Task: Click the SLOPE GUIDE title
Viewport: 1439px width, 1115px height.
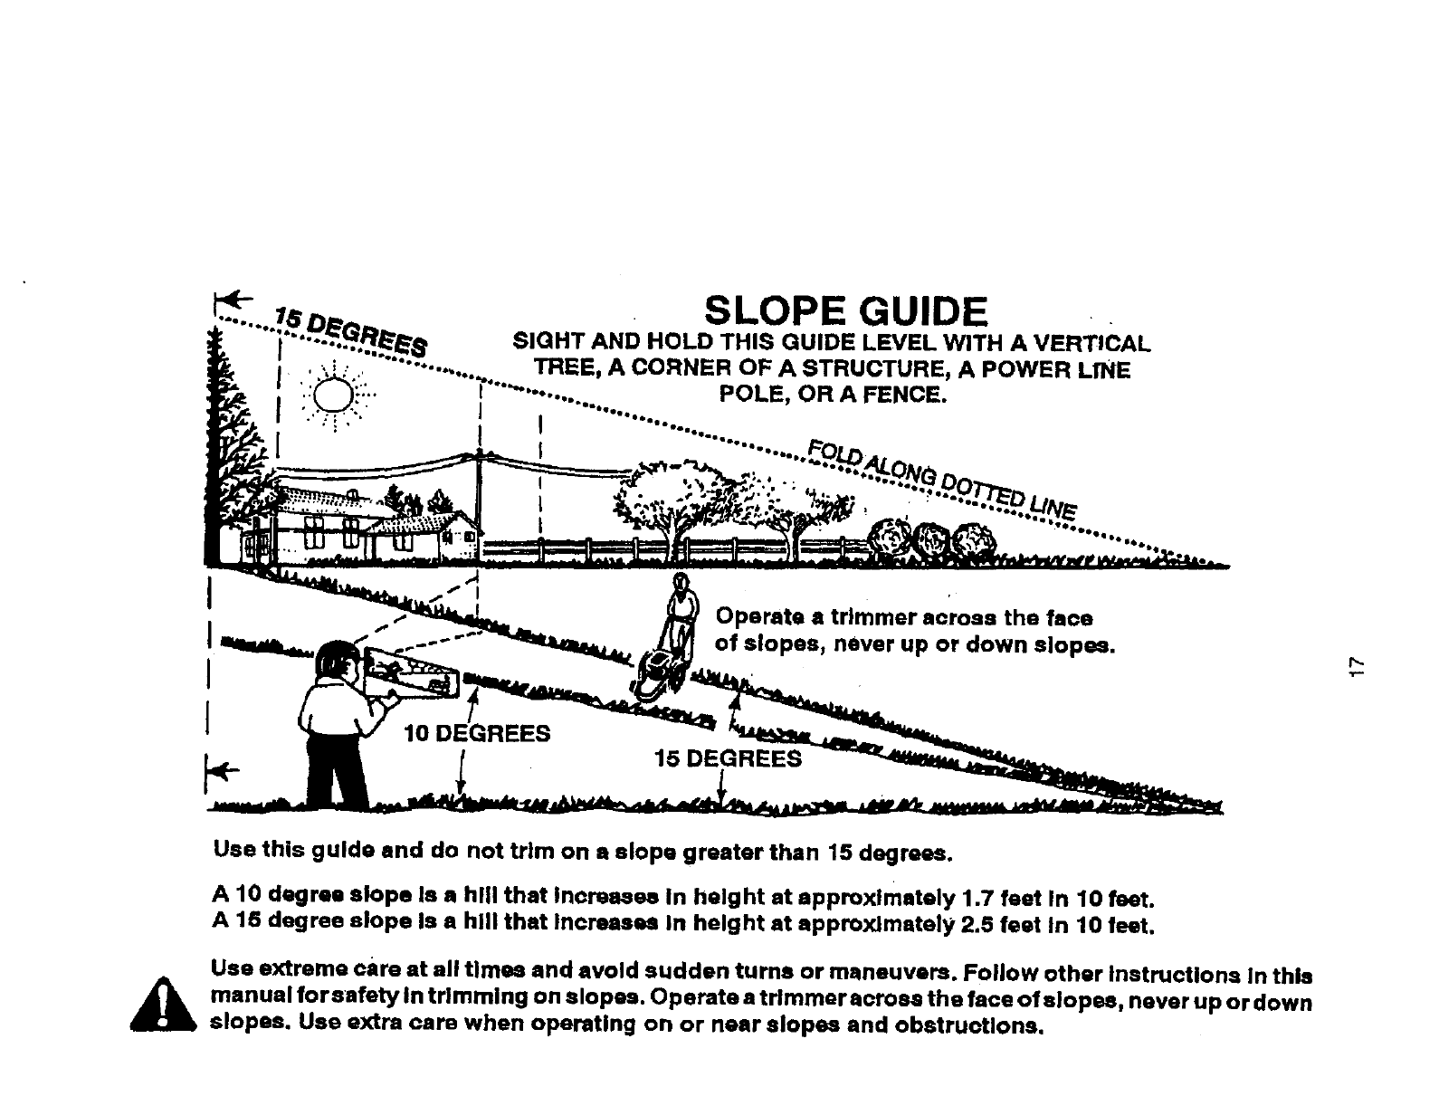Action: (845, 312)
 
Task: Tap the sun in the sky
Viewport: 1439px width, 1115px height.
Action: (332, 395)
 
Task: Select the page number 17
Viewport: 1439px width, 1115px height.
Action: (1355, 667)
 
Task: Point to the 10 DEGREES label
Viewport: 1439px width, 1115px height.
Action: (477, 733)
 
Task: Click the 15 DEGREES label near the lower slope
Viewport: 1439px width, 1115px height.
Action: (728, 758)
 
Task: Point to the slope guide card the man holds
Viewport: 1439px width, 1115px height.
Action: (411, 675)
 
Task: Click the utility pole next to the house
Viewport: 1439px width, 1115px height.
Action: (479, 507)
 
